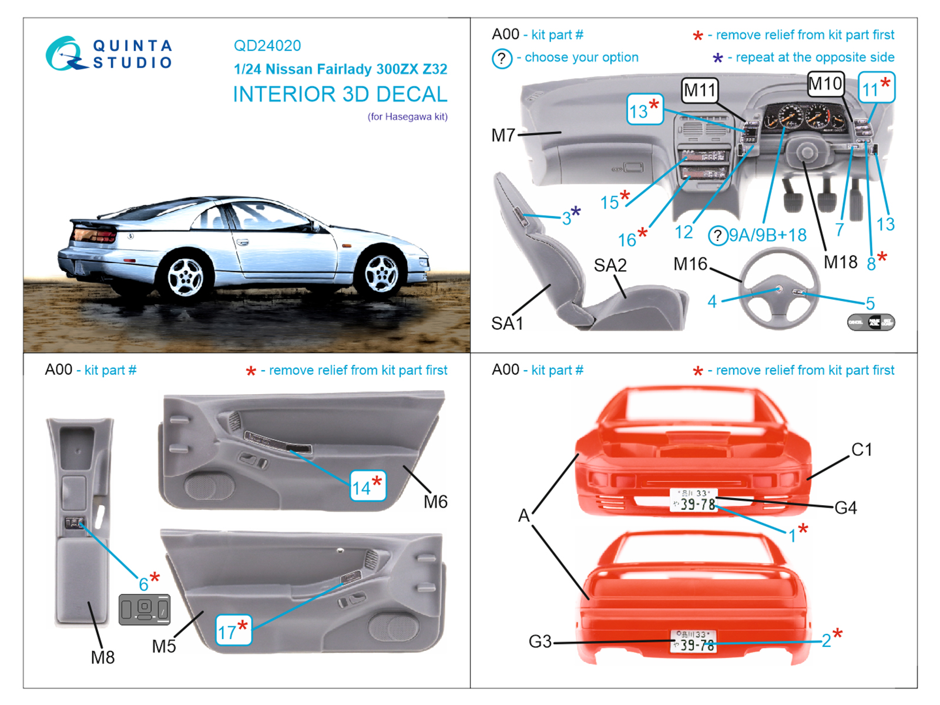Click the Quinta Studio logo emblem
coord(63,54)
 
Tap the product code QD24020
coord(267,46)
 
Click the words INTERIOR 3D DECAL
coord(340,95)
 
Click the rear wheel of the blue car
coord(185,277)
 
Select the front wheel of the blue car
coord(382,274)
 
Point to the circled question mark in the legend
coord(502,58)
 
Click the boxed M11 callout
coord(700,90)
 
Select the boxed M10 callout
coord(825,84)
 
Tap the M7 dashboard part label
coord(503,136)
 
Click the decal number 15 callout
coord(610,203)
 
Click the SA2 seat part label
coord(610,266)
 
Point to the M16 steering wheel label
coord(690,264)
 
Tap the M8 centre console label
coord(103,657)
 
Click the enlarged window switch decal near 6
coord(145,609)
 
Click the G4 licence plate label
coord(845,508)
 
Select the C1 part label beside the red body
coord(861,450)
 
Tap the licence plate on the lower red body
coord(693,641)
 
